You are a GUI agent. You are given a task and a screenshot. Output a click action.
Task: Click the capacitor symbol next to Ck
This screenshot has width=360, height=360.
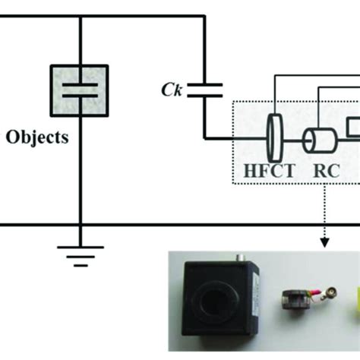tap(204, 92)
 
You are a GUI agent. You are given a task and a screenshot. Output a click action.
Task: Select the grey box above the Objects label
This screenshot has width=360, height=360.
tap(79, 92)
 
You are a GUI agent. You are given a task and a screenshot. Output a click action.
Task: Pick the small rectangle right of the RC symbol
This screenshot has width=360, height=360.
tap(352, 125)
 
